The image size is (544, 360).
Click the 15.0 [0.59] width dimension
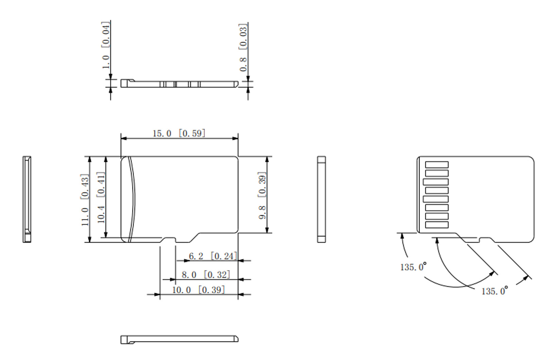click(x=179, y=133)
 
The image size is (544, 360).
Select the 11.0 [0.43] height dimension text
click(x=85, y=200)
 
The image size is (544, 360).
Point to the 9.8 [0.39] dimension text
click(x=262, y=195)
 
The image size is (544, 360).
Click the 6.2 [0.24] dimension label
click(x=213, y=256)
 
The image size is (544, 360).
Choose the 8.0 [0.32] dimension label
click(x=206, y=275)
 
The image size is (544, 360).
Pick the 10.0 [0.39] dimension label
click(x=198, y=290)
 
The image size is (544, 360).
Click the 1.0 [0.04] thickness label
click(x=106, y=45)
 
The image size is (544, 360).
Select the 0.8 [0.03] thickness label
click(x=243, y=47)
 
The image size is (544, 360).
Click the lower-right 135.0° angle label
click(x=494, y=291)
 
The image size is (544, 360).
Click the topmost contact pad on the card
click(x=437, y=165)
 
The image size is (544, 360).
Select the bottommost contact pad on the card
click(x=437, y=225)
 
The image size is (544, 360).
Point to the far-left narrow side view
click(x=27, y=199)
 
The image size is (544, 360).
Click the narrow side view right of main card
click(x=321, y=199)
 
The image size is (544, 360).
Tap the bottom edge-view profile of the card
click(x=179, y=339)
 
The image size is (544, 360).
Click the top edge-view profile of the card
click(x=179, y=84)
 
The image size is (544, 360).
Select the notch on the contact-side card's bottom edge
click(x=485, y=240)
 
